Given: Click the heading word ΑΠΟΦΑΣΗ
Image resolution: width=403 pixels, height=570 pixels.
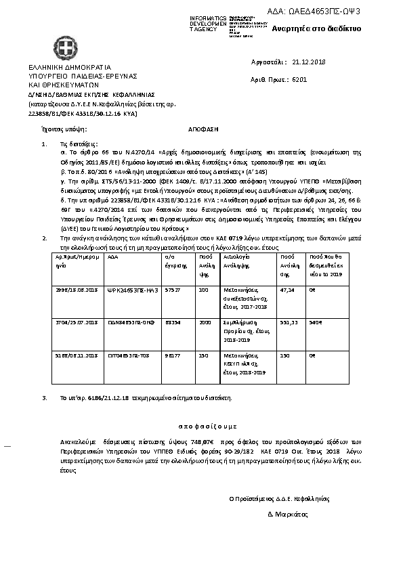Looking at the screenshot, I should (201, 127).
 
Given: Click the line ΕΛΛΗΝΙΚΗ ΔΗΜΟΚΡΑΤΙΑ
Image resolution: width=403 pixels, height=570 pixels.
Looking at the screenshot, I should (65, 68).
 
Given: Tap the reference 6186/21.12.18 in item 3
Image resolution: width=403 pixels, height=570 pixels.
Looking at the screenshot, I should (92, 398).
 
